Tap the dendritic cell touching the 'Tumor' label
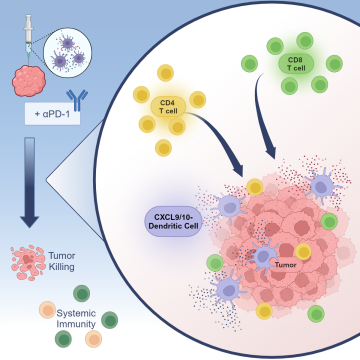pos(263,258)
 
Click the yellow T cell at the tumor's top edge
pos(255,186)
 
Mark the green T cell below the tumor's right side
pos(317,315)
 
